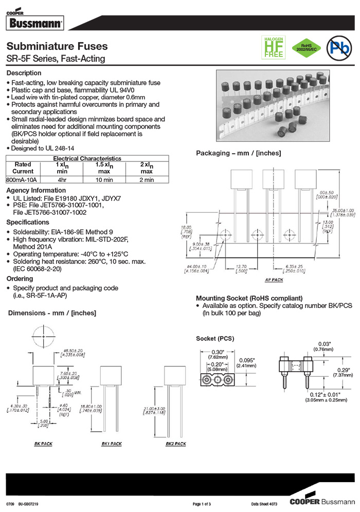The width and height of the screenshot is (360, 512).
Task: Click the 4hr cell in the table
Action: (x=62, y=180)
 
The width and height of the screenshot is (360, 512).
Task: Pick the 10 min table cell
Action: (x=104, y=180)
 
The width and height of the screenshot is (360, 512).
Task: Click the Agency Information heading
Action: (x=36, y=190)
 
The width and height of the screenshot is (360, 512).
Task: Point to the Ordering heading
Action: (x=20, y=278)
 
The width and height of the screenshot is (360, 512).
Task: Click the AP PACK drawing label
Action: (x=274, y=280)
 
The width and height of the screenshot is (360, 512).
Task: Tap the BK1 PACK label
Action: (x=112, y=444)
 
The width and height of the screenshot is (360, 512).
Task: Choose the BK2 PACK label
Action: (x=175, y=444)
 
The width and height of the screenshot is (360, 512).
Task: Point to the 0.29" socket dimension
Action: (x=341, y=370)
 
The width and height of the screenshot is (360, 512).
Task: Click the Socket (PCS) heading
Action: (x=215, y=338)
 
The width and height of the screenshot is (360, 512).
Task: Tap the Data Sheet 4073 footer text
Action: (x=266, y=504)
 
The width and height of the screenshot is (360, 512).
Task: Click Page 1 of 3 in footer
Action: (x=202, y=504)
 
